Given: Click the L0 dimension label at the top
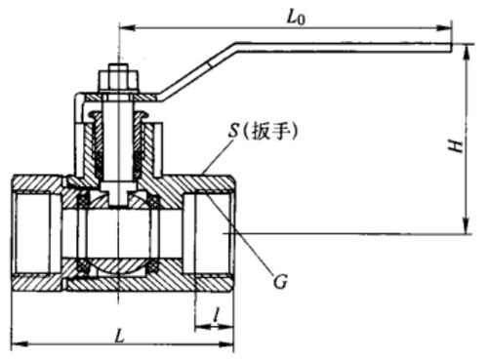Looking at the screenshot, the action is [296, 19].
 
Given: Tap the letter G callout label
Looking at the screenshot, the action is [280, 281].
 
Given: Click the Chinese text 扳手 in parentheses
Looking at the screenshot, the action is [270, 132].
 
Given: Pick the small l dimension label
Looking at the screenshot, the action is [217, 314].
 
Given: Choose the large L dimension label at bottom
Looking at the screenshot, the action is [121, 336].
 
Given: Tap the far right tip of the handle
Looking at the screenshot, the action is [452, 48].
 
